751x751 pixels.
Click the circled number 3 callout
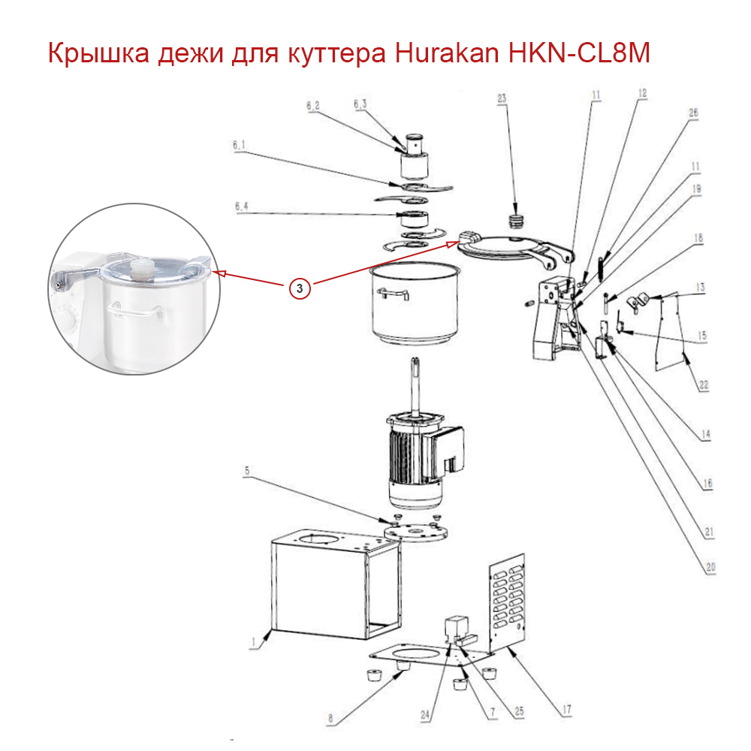300,288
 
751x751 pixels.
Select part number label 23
502,98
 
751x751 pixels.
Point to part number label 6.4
241,207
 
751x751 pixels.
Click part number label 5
247,471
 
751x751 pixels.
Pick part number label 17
566,710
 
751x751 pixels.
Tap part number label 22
704,385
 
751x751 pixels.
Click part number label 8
330,718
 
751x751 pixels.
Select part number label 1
253,642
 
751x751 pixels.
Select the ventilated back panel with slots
506,604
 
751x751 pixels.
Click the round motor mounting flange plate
416,532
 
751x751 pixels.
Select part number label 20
710,568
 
